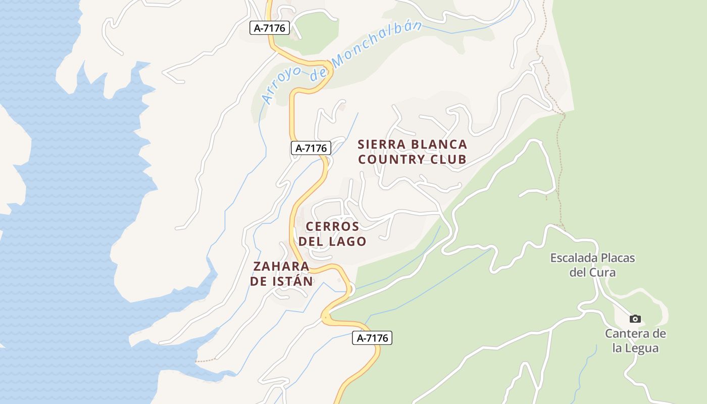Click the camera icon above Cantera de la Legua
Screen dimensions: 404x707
point(635,319)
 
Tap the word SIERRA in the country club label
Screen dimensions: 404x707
point(381,144)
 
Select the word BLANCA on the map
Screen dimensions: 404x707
point(439,144)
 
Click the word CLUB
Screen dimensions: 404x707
point(448,160)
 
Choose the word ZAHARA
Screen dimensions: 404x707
point(281,266)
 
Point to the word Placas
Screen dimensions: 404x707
point(617,258)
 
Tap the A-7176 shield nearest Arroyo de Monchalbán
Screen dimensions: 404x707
point(270,28)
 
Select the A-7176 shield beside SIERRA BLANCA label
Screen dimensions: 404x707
point(311,148)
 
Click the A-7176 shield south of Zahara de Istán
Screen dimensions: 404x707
point(372,338)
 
